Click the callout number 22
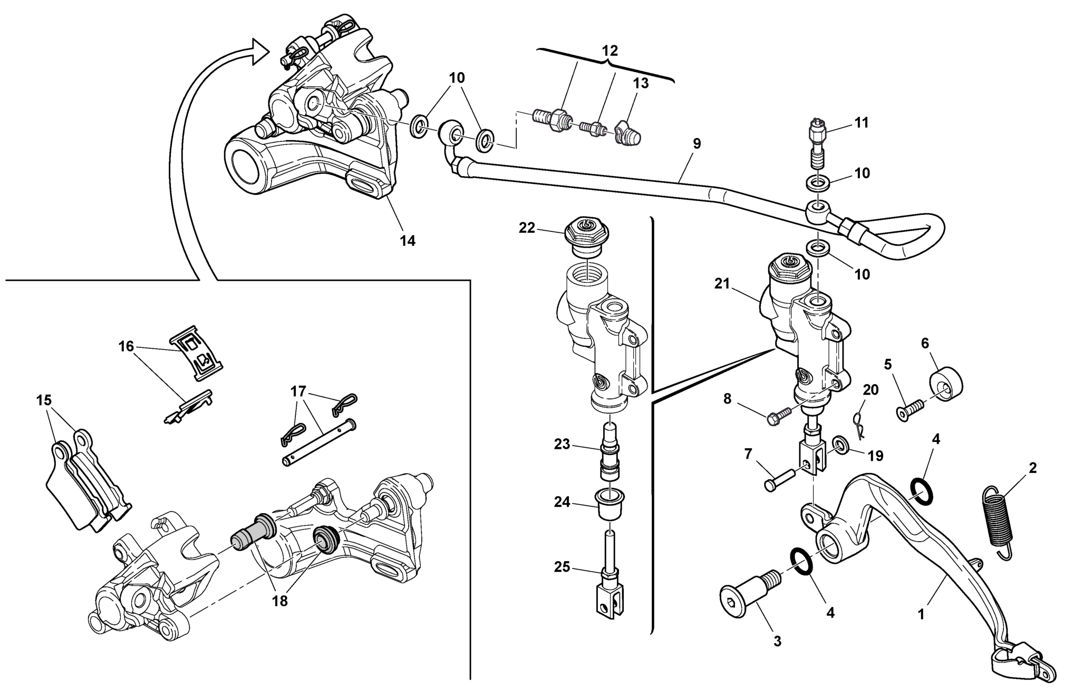click(527, 228)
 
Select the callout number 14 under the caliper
click(408, 241)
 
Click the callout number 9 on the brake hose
click(697, 144)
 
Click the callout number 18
click(279, 601)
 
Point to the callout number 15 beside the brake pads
click(44, 400)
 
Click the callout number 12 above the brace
click(609, 51)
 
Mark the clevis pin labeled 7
click(781, 479)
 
